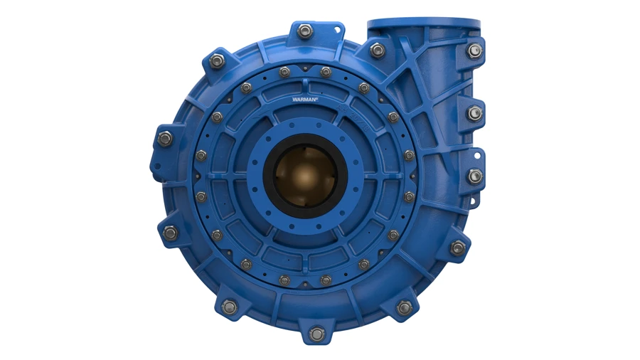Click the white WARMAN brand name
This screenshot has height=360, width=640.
306,101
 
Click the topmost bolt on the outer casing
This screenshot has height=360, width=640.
305,31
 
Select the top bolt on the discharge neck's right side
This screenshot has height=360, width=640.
474,51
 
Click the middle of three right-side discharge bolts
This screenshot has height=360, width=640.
474,113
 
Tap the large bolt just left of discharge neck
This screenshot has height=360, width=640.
377,50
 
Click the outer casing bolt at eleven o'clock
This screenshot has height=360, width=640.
217,61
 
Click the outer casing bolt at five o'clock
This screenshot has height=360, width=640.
404,308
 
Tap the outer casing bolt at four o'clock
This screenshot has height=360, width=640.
458,248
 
